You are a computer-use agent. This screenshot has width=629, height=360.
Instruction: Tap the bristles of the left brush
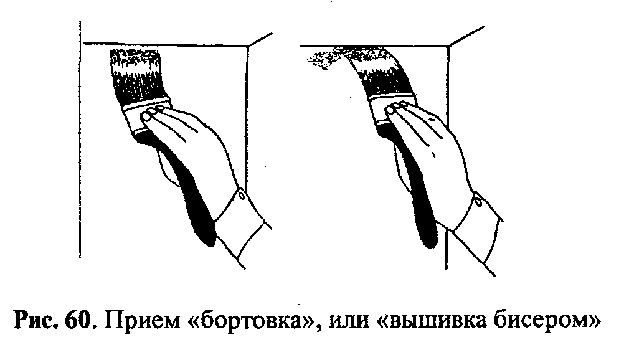click(136, 75)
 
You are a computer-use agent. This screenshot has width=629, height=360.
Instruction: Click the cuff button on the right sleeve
click(478, 202)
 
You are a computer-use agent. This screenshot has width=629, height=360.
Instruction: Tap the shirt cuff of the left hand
click(243, 228)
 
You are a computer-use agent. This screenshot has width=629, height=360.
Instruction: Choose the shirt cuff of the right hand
click(478, 235)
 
